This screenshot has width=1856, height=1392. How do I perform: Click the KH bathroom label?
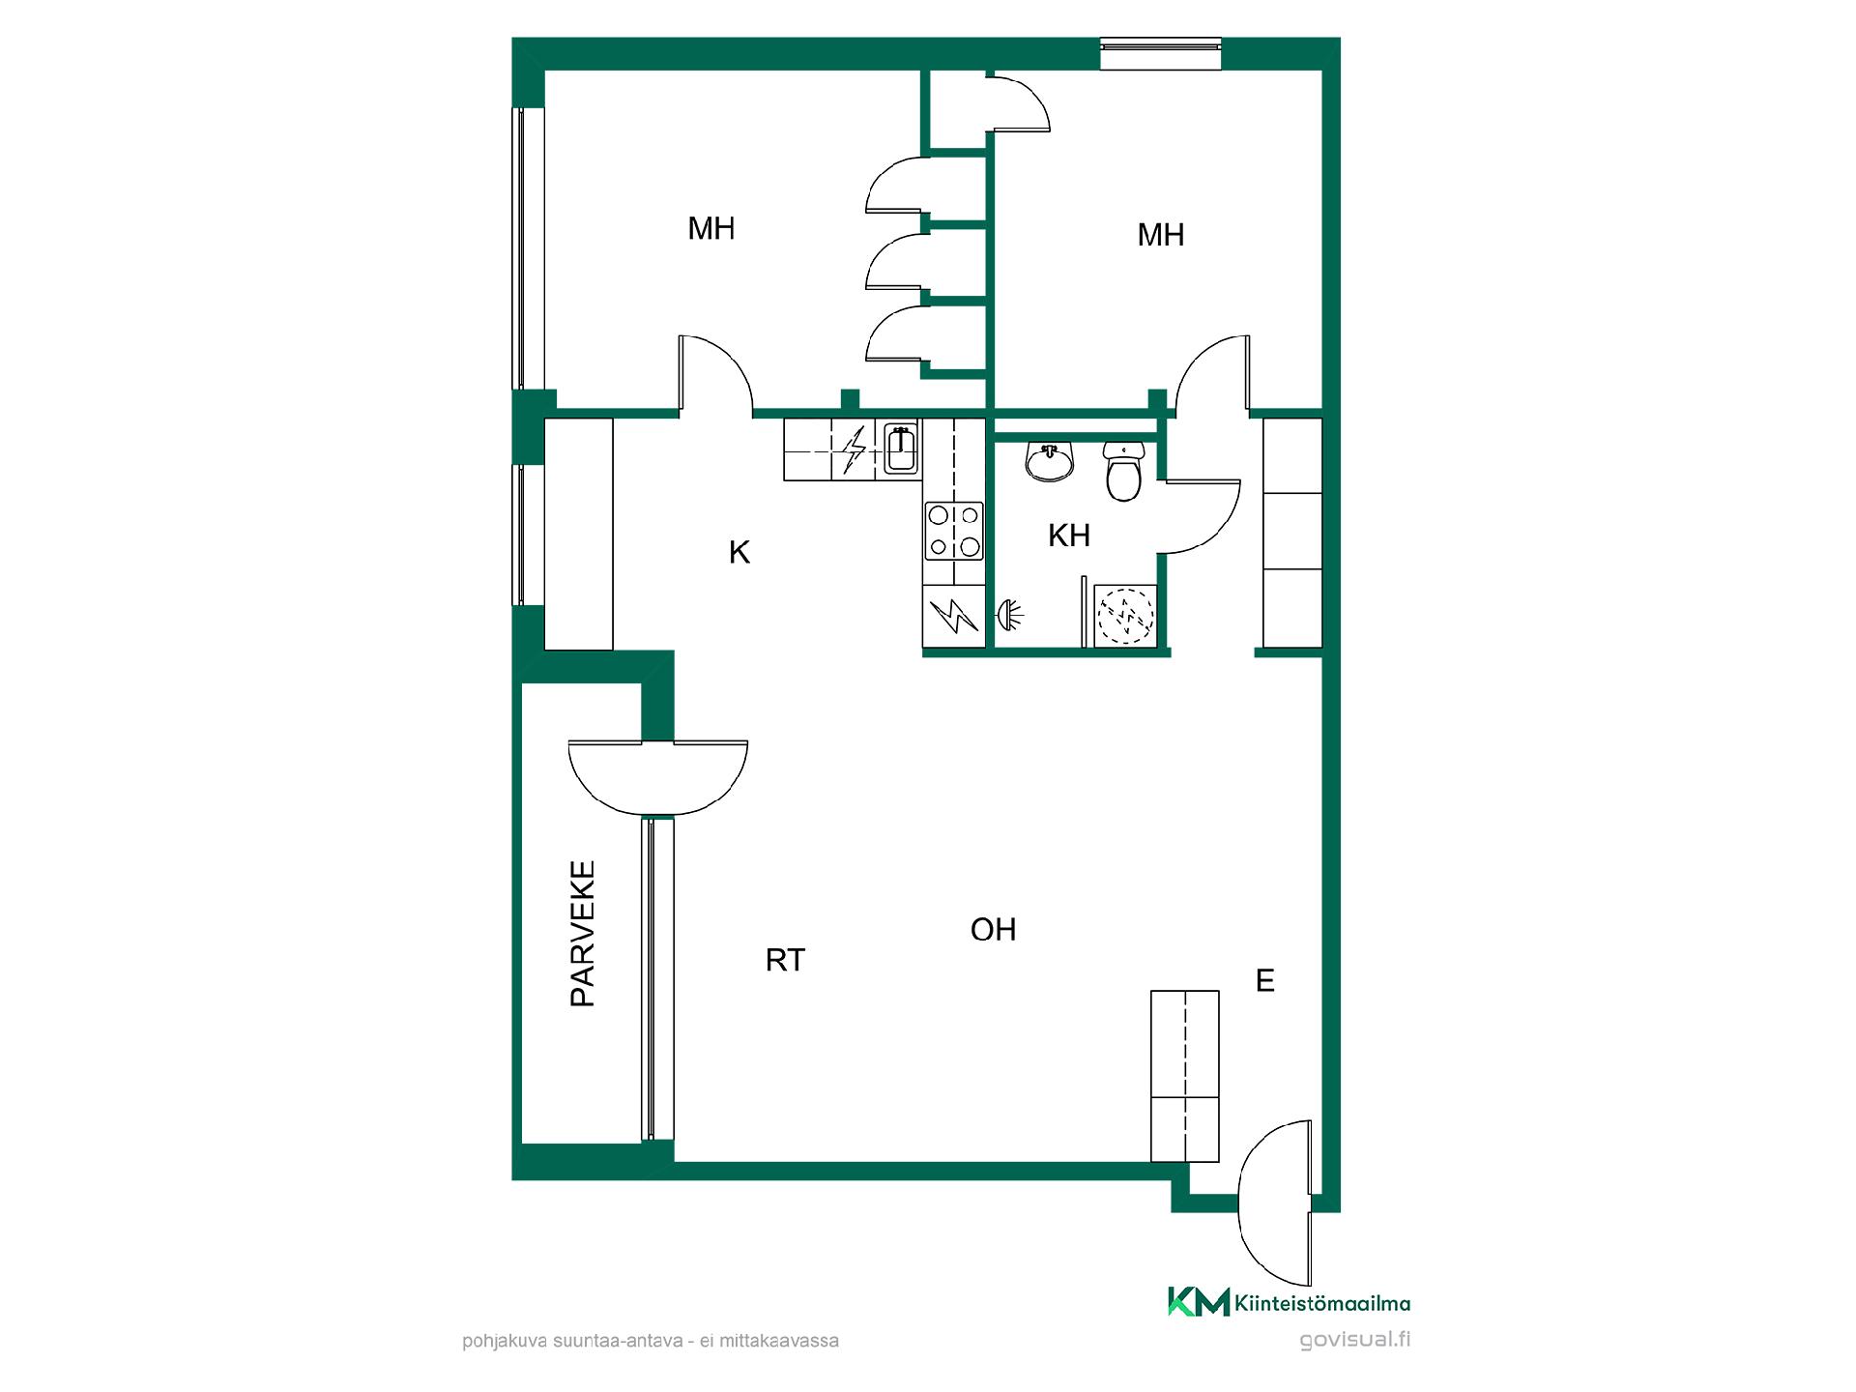[x=1069, y=536]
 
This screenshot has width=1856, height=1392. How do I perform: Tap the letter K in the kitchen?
[x=739, y=553]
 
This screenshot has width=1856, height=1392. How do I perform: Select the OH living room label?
[x=994, y=930]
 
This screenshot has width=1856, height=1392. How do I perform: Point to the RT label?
[x=785, y=960]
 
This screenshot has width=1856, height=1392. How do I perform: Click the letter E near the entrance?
[x=1265, y=981]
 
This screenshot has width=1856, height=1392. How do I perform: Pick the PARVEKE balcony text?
[x=583, y=934]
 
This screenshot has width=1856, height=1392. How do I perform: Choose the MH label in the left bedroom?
[x=711, y=229]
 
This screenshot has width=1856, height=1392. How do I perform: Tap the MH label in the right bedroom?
[x=1161, y=235]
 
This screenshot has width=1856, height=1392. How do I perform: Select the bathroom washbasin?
[x=1050, y=462]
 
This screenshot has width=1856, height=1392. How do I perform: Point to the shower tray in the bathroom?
[x=1125, y=614]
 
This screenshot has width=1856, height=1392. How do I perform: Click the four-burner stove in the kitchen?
[x=954, y=531]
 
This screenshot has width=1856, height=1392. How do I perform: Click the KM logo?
[x=1199, y=1302]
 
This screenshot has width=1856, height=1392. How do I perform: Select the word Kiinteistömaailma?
[x=1322, y=1304]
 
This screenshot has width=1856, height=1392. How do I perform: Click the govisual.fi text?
[x=1355, y=1340]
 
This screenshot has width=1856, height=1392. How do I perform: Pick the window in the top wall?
[x=1161, y=53]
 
